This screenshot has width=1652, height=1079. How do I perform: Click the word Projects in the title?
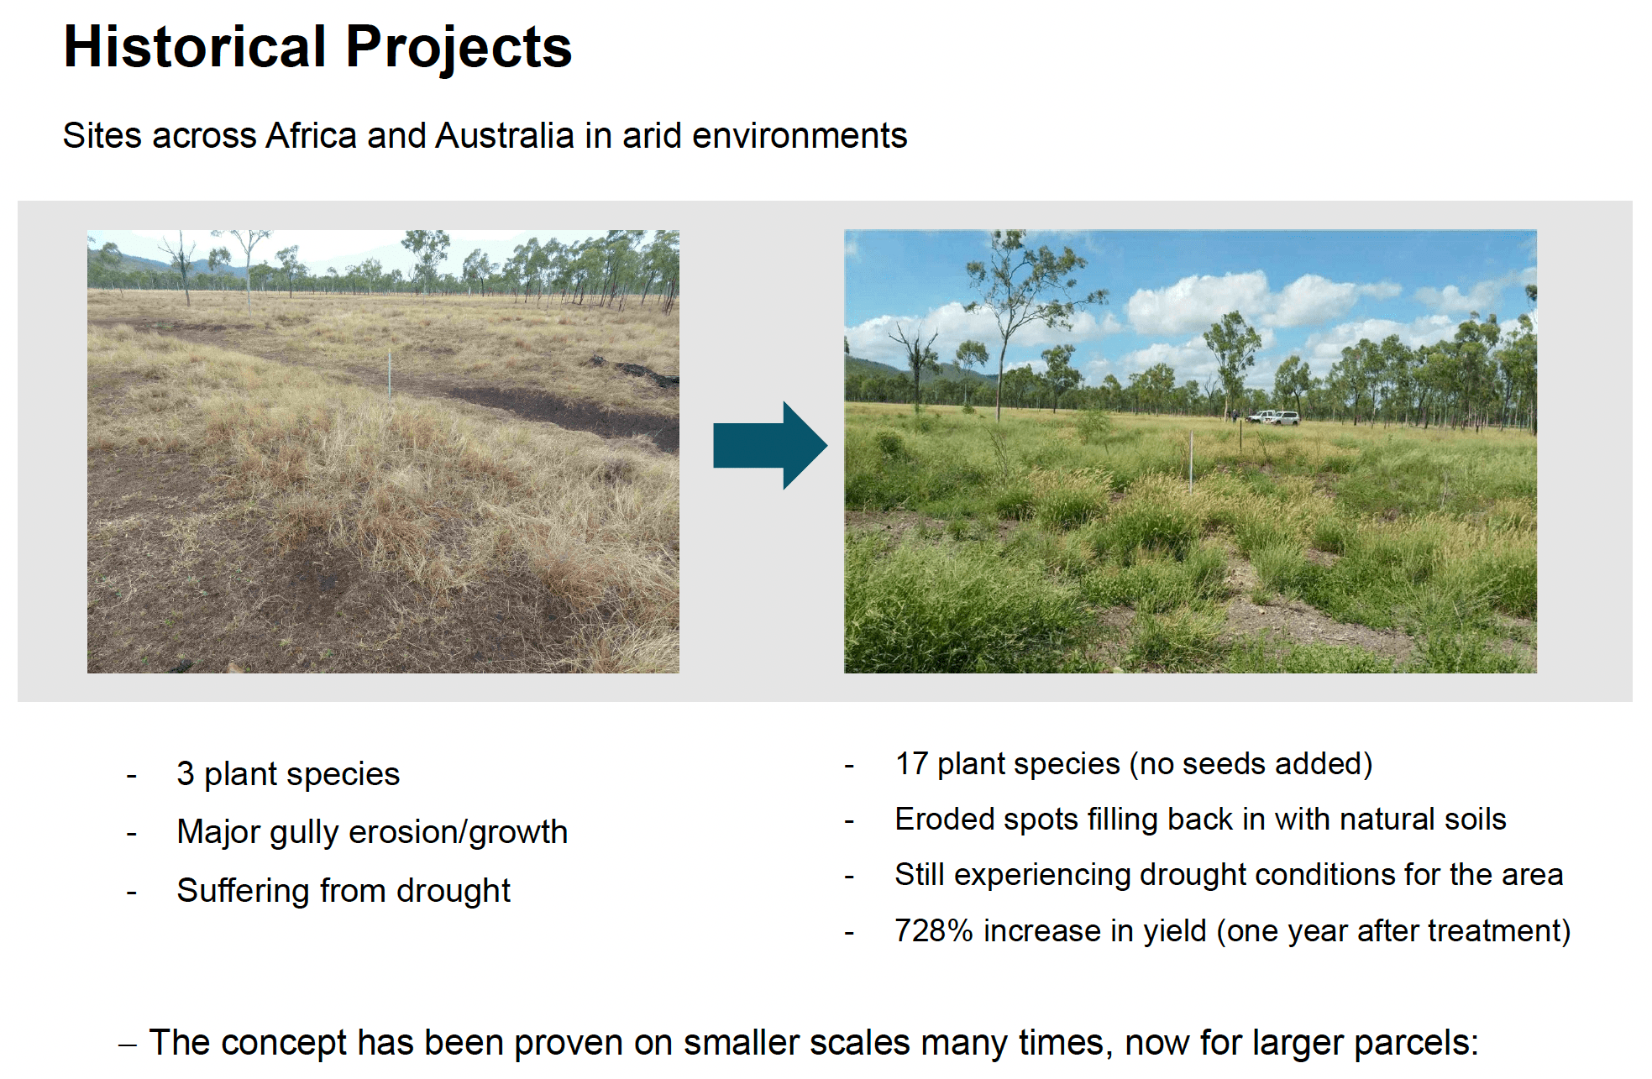(459, 49)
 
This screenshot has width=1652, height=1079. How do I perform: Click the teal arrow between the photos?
(769, 445)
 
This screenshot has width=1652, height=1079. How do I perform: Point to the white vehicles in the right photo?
(1274, 417)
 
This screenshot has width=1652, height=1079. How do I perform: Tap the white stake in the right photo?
(1191, 460)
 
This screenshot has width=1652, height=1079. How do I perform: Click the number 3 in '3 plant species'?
(185, 773)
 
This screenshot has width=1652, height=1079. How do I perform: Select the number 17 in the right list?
(911, 763)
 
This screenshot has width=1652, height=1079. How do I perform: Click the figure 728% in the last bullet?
(933, 930)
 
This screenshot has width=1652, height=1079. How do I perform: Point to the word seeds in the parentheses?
(1223, 763)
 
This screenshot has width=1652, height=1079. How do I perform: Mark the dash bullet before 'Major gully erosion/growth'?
(131, 833)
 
